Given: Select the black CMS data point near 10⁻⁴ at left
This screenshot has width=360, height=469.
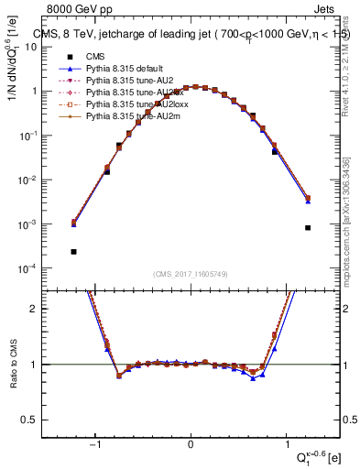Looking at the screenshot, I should (73, 251).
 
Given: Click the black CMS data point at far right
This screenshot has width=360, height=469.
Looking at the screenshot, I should (309, 227).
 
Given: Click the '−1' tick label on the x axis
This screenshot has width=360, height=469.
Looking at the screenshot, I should (94, 445).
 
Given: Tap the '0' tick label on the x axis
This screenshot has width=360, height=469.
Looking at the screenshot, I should (191, 445).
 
